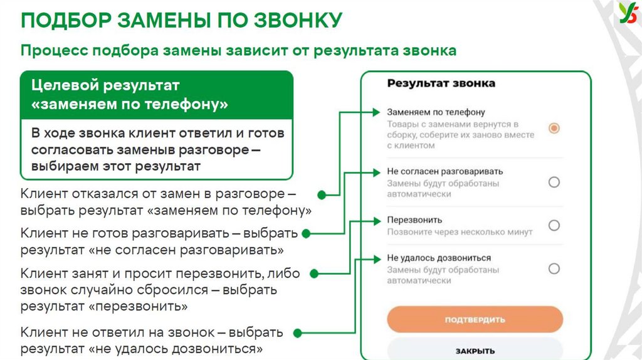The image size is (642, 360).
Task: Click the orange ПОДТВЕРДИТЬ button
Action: pyautogui.click(x=475, y=319)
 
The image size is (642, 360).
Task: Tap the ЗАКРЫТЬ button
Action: pyautogui.click(x=475, y=350)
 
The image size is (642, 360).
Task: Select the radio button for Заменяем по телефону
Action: pyautogui.click(x=554, y=128)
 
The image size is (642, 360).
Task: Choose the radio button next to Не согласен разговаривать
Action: pyautogui.click(x=554, y=182)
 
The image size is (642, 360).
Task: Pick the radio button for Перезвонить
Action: pyautogui.click(x=554, y=225)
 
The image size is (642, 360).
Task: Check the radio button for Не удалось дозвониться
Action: pyautogui.click(x=554, y=268)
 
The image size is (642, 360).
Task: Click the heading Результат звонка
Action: pyautogui.click(x=441, y=83)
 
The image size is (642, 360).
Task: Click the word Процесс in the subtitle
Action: pyautogui.click(x=54, y=51)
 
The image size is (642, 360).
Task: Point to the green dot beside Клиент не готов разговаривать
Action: pyautogui.click(x=307, y=233)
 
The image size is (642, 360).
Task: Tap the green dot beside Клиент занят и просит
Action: pyautogui.click(x=314, y=273)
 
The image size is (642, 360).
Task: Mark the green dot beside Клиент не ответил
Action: pyautogui.click(x=298, y=332)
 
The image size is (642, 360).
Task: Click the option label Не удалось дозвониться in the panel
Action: pyautogui.click(x=438, y=258)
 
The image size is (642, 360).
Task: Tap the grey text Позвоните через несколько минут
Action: pyautogui.click(x=459, y=231)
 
